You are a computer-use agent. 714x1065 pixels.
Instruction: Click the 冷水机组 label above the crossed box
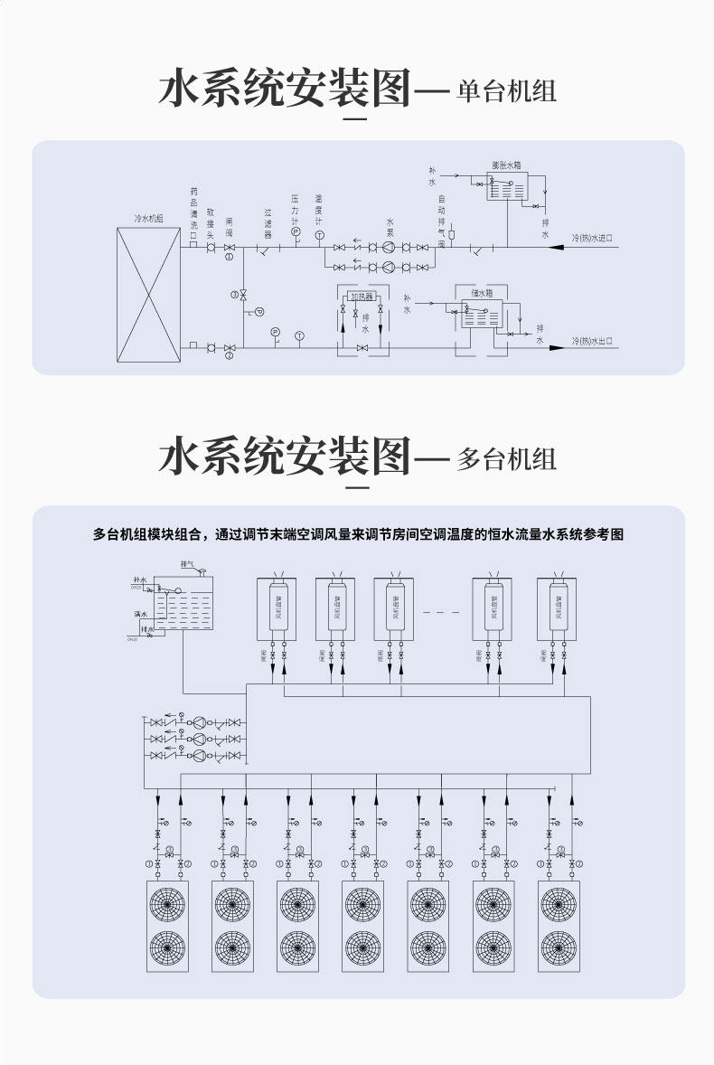coord(148,219)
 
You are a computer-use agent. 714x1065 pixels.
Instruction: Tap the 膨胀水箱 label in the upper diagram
coord(507,165)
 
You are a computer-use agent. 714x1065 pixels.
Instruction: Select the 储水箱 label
coord(482,293)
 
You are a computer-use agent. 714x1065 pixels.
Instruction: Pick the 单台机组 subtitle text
coord(507,91)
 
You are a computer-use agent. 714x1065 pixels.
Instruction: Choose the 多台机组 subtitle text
coord(507,457)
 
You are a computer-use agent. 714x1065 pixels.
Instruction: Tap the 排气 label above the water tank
coord(188,563)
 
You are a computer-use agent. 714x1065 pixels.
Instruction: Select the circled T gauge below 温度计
coord(319,235)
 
